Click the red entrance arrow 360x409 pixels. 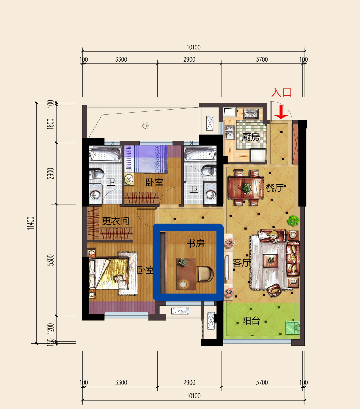pos(281,112)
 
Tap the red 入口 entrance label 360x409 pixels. pos(282,92)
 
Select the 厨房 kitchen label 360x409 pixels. pos(251,137)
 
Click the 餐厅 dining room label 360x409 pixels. pos(274,188)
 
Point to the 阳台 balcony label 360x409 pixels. pos(251,321)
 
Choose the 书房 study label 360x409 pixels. pos(196,243)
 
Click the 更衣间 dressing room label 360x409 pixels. pos(115,221)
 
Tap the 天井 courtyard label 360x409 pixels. pos(145,126)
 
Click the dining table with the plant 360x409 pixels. pos(246,188)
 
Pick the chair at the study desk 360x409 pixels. pos(205,274)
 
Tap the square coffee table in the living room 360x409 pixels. pos(271,261)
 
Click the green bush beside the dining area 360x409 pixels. pos(293,221)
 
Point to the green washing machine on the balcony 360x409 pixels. pos(292,327)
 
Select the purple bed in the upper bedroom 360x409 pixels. pos(147,159)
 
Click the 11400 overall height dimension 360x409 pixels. pos(31,223)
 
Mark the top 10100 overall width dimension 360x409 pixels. pos(194,47)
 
